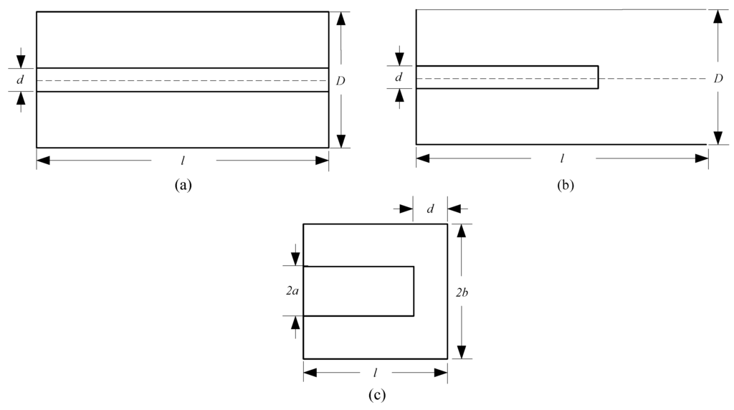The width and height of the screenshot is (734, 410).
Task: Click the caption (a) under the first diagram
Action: (x=183, y=185)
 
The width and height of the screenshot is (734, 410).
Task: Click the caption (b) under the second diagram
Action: (x=565, y=185)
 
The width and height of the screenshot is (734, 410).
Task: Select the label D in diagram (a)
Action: (x=340, y=81)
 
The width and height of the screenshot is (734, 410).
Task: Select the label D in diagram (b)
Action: (x=718, y=77)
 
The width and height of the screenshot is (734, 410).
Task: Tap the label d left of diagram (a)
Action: (x=20, y=80)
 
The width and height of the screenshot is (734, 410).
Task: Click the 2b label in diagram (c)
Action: (x=463, y=291)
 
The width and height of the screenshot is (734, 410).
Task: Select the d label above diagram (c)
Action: (x=430, y=209)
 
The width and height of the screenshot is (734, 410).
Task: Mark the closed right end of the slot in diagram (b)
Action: (x=598, y=77)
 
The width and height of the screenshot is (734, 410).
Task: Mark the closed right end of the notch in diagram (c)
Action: (x=414, y=291)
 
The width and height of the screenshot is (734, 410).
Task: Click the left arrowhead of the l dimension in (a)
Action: (x=43, y=161)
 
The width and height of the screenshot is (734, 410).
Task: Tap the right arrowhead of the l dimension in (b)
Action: (x=702, y=158)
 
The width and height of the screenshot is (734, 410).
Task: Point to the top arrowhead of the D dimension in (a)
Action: (x=341, y=19)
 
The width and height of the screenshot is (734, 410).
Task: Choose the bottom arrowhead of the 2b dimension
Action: (x=462, y=351)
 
